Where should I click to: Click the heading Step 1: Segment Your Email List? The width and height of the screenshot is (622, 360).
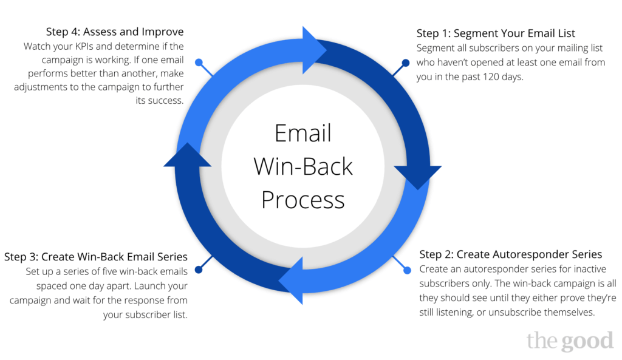click(x=496, y=33)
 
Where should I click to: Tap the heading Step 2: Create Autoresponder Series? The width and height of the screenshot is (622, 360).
click(x=510, y=254)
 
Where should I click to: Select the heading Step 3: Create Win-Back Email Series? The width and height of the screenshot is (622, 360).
click(x=95, y=257)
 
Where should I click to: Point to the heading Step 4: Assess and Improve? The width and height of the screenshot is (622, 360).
click(x=115, y=32)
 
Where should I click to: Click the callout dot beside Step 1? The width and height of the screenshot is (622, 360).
click(x=405, y=63)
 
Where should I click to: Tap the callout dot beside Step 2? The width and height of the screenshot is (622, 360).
click(x=407, y=270)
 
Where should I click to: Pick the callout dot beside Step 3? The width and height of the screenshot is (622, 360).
click(x=199, y=270)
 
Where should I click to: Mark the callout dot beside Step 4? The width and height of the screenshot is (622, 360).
click(x=199, y=63)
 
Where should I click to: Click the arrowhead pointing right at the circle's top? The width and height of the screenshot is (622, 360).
click(x=315, y=50)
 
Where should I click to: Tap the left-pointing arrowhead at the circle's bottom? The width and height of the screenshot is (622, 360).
click(x=290, y=280)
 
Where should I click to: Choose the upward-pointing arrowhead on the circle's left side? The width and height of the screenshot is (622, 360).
click(x=187, y=155)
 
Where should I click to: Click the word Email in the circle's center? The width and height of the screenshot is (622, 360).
click(x=303, y=133)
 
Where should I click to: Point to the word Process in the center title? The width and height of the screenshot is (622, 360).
click(x=303, y=200)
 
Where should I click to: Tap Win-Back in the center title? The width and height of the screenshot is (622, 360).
click(x=303, y=166)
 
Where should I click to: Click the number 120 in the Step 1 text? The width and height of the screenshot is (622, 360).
click(x=491, y=76)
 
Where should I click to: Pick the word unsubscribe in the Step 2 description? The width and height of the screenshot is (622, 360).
click(x=515, y=313)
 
